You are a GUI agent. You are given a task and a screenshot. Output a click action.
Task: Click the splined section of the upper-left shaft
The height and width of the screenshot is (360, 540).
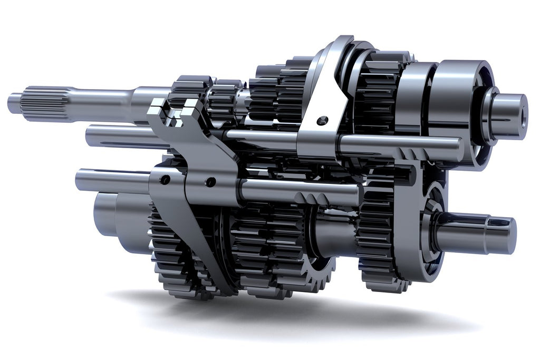[45, 104]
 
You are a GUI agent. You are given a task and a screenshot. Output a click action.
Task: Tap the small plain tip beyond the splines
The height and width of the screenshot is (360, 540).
[14, 102]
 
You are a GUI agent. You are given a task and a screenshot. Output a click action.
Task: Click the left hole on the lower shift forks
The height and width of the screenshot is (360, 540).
[165, 180]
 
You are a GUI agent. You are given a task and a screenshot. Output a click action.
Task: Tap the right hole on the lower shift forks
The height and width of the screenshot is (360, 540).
[210, 182]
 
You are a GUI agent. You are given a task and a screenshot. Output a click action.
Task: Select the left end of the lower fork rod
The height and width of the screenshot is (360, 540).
[80, 179]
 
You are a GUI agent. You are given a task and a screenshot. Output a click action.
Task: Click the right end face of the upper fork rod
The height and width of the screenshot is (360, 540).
[459, 149]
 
